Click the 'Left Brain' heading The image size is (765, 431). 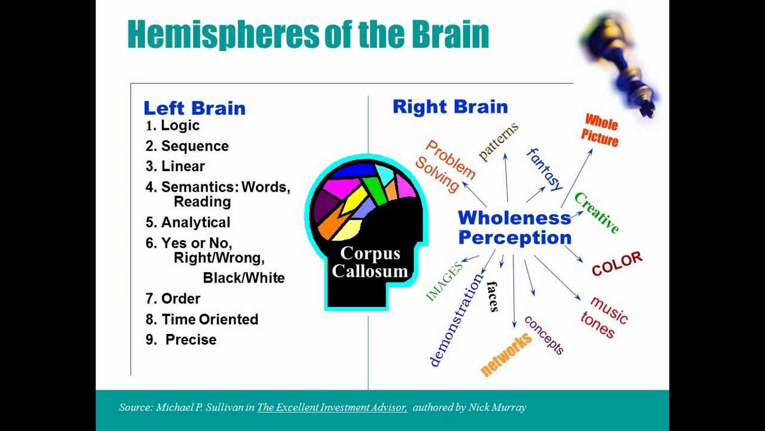click(194, 108)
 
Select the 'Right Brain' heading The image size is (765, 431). click(450, 107)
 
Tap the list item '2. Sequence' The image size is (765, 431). click(187, 146)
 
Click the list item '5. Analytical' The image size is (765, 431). click(188, 223)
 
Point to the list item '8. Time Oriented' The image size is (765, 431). click(202, 319)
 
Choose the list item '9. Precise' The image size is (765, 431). click(182, 339)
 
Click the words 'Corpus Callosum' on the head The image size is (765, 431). click(370, 262)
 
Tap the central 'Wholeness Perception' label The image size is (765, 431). click(515, 227)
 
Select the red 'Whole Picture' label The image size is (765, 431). click(600, 131)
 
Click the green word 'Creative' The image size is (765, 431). click(596, 213)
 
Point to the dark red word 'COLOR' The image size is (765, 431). click(617, 264)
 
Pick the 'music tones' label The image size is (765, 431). click(604, 317)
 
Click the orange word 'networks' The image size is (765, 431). click(506, 354)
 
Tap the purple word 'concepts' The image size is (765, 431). click(544, 335)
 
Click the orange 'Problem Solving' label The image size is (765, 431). click(445, 166)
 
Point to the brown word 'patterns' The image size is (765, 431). click(498, 141)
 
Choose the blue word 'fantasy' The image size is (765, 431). click(544, 169)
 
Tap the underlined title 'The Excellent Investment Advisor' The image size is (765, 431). click(332, 408)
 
